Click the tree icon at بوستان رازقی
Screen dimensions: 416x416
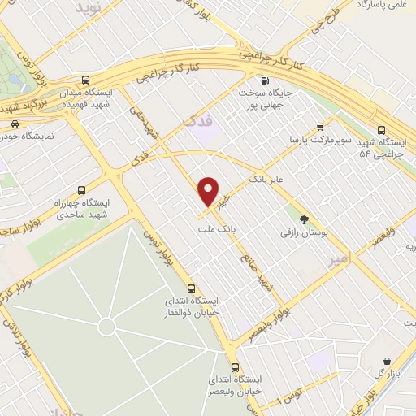pos(305,219)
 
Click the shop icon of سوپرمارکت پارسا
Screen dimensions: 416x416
pos(320,127)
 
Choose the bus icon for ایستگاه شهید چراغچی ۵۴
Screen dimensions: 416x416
pos(382,129)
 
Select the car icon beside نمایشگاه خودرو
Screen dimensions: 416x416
pos(15,123)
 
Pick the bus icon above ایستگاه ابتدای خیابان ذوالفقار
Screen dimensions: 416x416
pos(191,288)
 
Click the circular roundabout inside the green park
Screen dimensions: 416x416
pos(106,327)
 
